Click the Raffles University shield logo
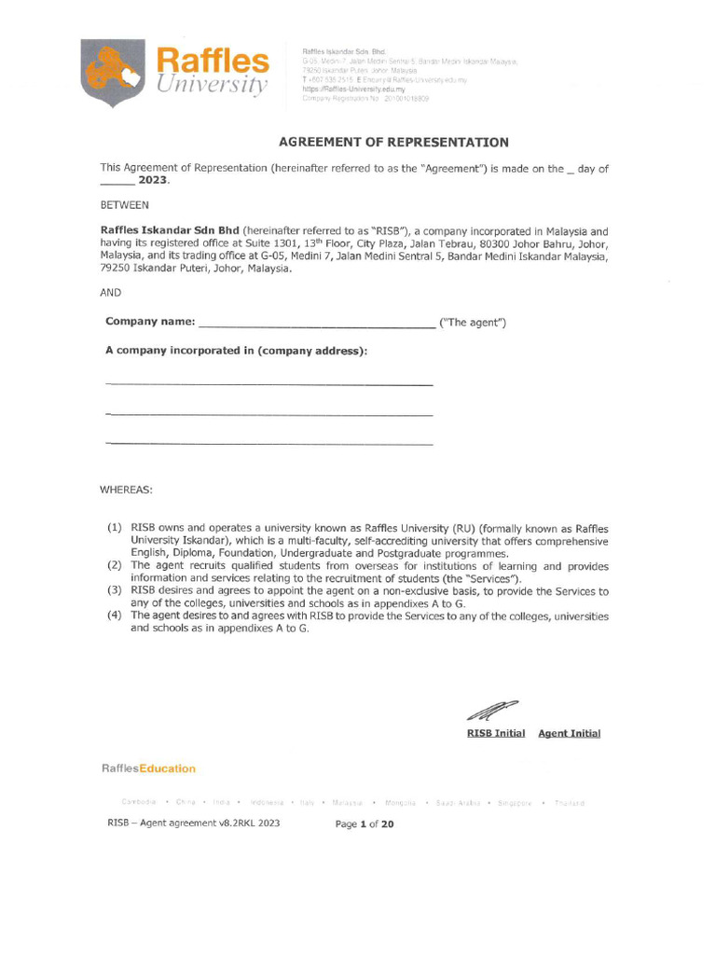click(115, 73)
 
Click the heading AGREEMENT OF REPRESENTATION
click(393, 143)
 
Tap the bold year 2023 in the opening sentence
click(154, 183)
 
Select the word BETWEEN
click(123, 204)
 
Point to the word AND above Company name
click(111, 292)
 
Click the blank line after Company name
click(317, 325)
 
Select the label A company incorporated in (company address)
click(237, 351)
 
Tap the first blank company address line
click(269, 384)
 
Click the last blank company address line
click(269, 444)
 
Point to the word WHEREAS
click(126, 490)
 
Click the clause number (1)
click(115, 528)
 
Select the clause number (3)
click(115, 591)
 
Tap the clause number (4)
click(115, 616)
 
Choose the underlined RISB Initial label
click(495, 734)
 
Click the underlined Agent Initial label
click(569, 734)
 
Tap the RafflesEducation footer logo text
click(148, 769)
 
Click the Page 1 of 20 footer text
click(365, 824)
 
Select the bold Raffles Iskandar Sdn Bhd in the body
click(170, 231)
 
